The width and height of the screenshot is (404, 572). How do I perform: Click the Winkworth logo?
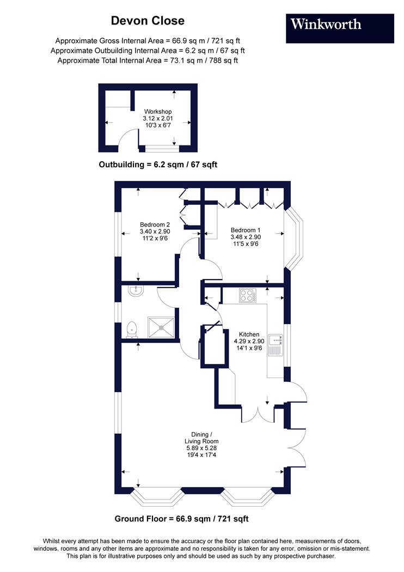click(340, 28)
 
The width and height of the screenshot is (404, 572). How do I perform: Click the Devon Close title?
click(148, 21)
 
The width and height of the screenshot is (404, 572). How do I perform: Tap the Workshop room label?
click(158, 112)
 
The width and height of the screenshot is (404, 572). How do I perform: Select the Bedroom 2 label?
click(155, 224)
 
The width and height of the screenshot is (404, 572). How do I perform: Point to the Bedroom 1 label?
click(246, 230)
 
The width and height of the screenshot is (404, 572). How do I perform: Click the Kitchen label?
click(249, 334)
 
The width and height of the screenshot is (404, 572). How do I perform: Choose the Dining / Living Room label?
click(201, 438)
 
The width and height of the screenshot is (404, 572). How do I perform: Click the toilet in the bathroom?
click(132, 329)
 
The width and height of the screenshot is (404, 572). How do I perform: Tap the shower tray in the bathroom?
click(161, 328)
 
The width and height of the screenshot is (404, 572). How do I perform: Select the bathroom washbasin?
click(136, 291)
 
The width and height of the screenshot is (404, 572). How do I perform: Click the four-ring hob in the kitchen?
click(247, 295)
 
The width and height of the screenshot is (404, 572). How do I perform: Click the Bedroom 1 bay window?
click(294, 239)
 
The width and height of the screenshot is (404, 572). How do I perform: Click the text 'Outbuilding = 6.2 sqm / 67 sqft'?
click(158, 165)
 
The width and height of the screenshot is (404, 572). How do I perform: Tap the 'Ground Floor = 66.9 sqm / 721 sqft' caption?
click(181, 519)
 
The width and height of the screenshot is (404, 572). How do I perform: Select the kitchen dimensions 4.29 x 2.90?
click(249, 341)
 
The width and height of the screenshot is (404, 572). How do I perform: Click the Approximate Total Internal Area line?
click(148, 60)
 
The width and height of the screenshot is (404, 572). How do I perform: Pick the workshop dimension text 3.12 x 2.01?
click(158, 119)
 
